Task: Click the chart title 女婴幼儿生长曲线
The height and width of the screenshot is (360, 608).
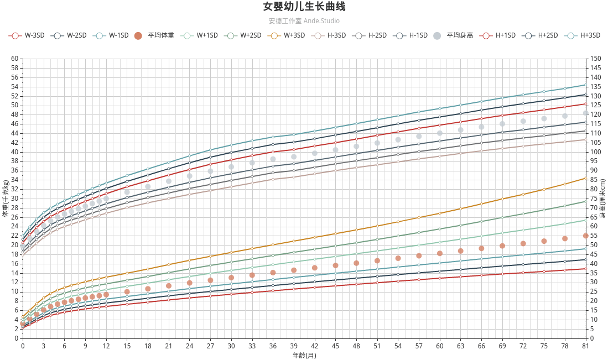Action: pos(304,7)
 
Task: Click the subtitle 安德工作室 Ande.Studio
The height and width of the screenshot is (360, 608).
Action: pos(304,21)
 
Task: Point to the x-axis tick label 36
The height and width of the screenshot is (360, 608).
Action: pos(273,346)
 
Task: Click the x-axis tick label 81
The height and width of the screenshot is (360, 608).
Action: pos(586,346)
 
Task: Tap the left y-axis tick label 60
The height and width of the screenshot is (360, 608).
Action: pos(14,59)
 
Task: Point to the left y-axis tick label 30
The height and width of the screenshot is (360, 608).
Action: pos(14,199)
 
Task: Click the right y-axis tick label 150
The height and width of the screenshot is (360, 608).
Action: pos(595,59)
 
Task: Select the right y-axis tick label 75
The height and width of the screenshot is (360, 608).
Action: pos(594,199)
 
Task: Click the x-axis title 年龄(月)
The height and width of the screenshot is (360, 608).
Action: pos(304,355)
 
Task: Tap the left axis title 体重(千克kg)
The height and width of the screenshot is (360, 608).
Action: pos(6,198)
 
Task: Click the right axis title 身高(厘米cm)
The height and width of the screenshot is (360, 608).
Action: pos(602,198)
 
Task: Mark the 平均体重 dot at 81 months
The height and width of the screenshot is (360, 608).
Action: pos(586,236)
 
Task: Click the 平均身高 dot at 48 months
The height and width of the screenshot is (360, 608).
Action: pos(356,147)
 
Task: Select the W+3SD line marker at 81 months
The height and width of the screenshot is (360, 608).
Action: pos(586,178)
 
